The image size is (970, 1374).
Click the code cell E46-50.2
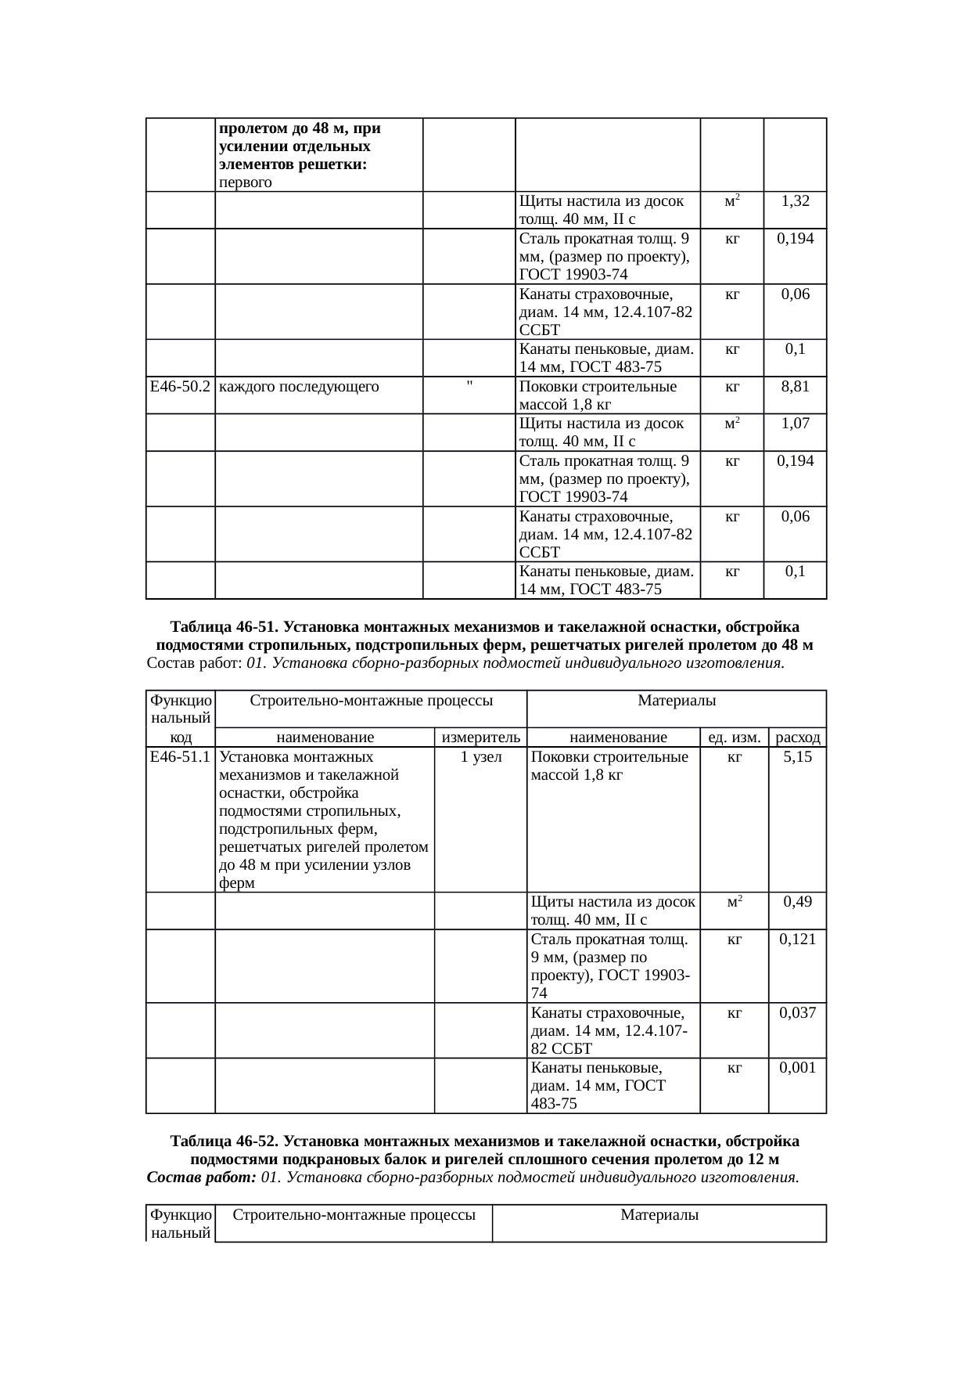tap(180, 387)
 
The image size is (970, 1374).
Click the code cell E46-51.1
tap(180, 757)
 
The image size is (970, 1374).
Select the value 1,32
tap(796, 200)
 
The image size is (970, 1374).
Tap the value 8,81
tap(796, 387)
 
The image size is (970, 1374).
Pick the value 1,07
tap(796, 424)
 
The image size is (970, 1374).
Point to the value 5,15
tap(798, 757)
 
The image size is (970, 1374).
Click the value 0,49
tap(798, 902)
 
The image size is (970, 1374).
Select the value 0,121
tap(798, 939)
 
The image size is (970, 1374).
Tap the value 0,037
tap(798, 1013)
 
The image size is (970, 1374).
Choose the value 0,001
tap(798, 1068)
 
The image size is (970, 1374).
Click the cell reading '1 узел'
tap(481, 757)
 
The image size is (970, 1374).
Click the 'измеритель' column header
tap(481, 737)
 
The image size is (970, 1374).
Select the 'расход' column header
tap(798, 737)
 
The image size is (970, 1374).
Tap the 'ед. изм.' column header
tap(735, 737)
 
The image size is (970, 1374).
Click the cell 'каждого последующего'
tap(299, 387)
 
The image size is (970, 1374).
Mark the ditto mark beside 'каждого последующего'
tap(469, 384)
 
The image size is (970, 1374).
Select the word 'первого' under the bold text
tap(246, 183)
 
